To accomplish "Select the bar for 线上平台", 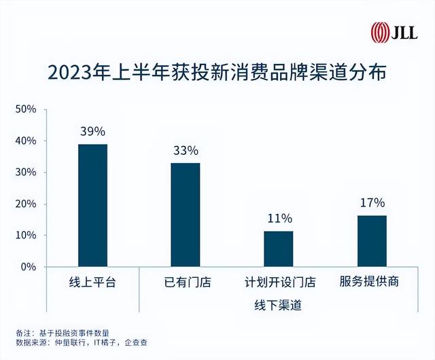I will coord(92,205).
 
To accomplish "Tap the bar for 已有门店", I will coord(186,215).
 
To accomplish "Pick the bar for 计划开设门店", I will coord(278,249).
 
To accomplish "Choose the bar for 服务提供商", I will coord(372,241).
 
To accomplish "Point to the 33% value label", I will coord(186,150).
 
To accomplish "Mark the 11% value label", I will coord(278,219).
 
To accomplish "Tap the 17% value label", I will coord(372,202).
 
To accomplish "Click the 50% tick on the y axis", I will coord(25,109).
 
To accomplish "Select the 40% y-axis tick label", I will coord(25,141).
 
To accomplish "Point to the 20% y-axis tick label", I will coord(25,204).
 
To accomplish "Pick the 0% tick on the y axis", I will coord(28,267).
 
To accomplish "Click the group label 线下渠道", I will coord(279,306).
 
